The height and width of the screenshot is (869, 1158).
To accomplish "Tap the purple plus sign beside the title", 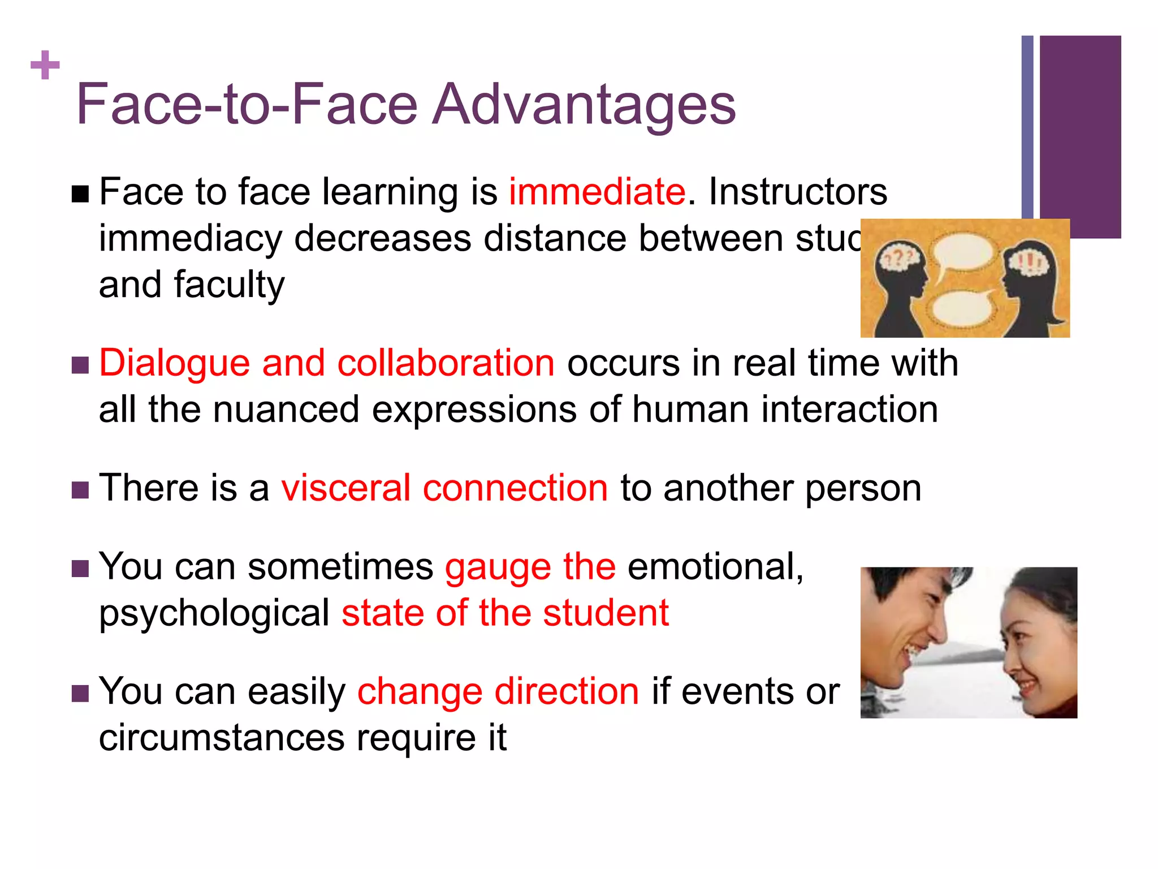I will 45,65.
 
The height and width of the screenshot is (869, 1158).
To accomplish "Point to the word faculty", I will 229,285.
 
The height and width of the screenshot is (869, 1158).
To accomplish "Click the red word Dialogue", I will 174,363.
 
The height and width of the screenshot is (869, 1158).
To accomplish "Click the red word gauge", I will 498,567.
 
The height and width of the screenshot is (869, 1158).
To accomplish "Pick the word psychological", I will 214,614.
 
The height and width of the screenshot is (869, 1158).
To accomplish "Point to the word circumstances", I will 222,738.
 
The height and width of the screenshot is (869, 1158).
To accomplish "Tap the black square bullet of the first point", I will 80,194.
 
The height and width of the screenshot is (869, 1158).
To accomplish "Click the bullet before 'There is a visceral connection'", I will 80,490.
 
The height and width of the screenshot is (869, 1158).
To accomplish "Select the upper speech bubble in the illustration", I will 962,252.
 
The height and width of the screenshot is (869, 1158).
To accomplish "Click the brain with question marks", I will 900,260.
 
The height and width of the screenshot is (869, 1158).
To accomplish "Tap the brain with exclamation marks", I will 1029,261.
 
